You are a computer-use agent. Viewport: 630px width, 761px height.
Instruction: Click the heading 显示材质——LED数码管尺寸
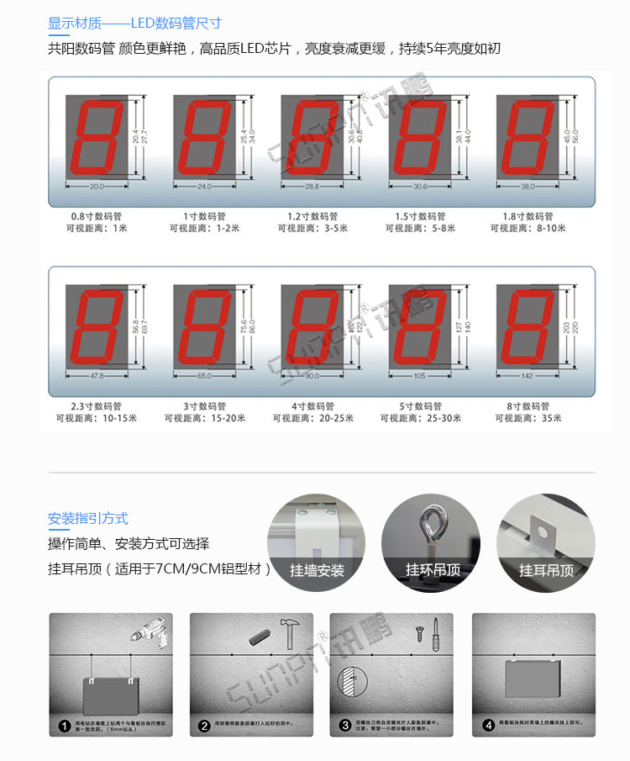[x=134, y=24]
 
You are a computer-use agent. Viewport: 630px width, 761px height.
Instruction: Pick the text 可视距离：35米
[x=528, y=419]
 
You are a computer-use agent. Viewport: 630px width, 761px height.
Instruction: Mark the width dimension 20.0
[x=97, y=187]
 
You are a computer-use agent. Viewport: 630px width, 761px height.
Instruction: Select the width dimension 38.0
[x=528, y=187]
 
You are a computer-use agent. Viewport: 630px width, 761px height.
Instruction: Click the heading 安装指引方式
[x=88, y=519]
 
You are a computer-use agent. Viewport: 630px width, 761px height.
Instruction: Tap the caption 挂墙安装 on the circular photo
[x=317, y=570]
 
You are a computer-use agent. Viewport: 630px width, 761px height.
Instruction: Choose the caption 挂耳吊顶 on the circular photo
[x=546, y=570]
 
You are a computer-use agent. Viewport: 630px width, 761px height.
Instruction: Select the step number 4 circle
[x=488, y=726]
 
